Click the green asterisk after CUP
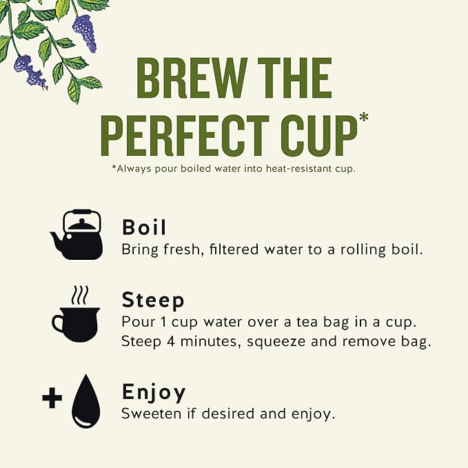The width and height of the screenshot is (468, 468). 363,117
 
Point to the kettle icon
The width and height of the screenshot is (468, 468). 77,234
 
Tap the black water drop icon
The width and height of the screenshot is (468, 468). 85,401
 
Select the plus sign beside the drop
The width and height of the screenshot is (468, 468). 52,397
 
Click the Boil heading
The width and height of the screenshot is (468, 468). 144,227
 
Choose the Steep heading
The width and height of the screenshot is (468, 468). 153,301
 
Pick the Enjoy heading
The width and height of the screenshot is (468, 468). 154,392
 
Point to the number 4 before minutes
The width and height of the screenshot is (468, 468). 171,341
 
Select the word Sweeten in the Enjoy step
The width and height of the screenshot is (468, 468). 151,414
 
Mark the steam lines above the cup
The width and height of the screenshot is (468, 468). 80,295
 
